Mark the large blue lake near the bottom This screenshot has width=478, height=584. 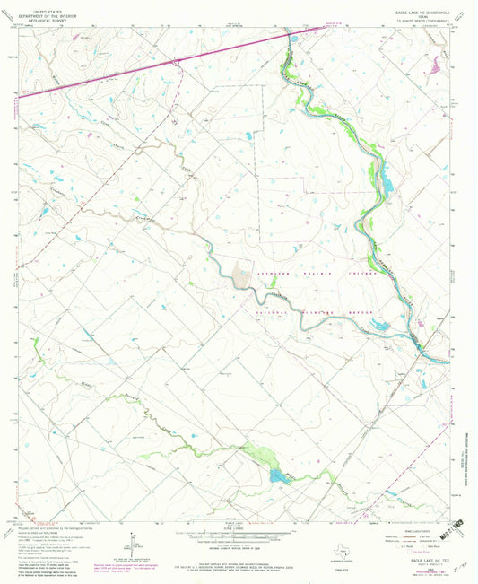278,475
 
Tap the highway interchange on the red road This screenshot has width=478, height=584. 178,61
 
